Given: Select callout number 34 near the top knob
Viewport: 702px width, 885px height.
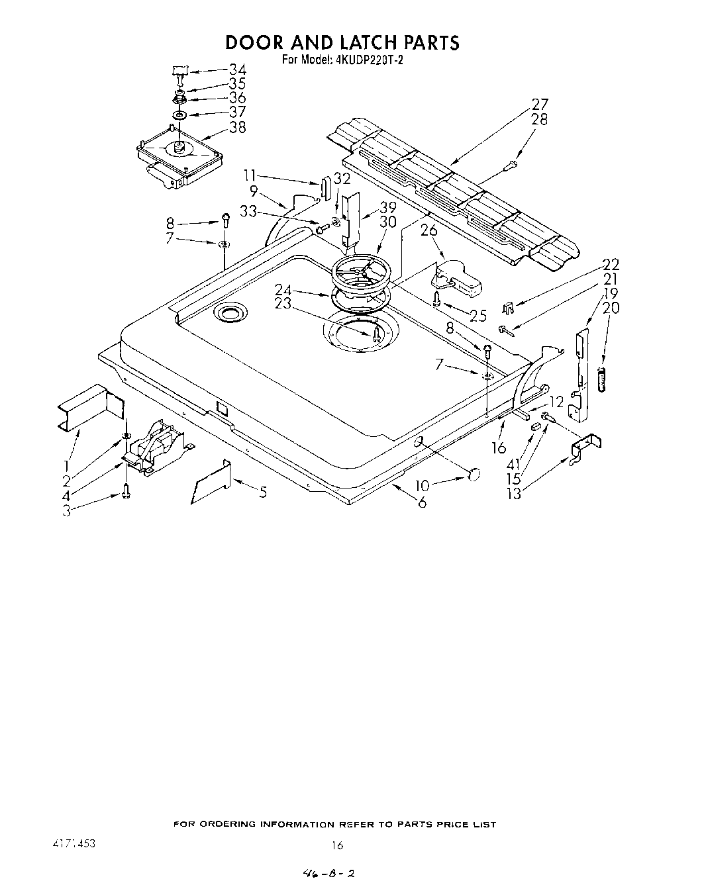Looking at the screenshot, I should click(237, 69).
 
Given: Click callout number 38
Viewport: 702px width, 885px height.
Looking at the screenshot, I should click(237, 127).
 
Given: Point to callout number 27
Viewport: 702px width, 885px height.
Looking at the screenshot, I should click(540, 104).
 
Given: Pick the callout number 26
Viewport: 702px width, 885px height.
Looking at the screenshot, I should click(429, 231).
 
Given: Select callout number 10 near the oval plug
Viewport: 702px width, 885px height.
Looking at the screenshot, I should click(423, 487).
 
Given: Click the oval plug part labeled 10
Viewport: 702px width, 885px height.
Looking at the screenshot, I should click(474, 473).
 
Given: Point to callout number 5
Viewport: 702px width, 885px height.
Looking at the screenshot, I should click(263, 492).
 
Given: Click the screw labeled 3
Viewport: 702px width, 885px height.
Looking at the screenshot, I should click(126, 490).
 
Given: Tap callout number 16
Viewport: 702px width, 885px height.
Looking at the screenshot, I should click(499, 448).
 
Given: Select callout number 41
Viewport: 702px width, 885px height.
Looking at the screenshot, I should click(511, 463).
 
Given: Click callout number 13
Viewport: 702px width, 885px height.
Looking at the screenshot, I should click(513, 493).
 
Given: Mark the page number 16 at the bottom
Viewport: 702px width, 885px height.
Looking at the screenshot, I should click(338, 845).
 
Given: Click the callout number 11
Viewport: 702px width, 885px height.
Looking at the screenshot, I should click(249, 175).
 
